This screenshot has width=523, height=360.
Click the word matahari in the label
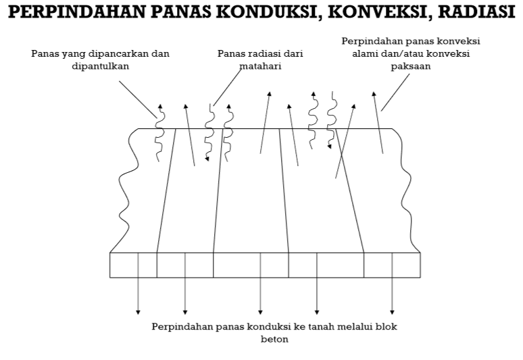coord(260,66)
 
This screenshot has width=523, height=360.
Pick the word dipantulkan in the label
coord(101,66)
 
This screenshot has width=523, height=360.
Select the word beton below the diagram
coord(274,339)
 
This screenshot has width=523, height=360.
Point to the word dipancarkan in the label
coord(140,53)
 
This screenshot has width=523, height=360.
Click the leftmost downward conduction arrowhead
coord(138,311)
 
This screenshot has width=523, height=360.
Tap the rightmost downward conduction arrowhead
coord(392,311)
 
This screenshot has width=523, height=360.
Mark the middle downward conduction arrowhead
coord(260,311)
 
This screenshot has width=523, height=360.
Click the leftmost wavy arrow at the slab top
coord(159,132)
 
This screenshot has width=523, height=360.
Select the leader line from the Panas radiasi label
coord(228,86)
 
